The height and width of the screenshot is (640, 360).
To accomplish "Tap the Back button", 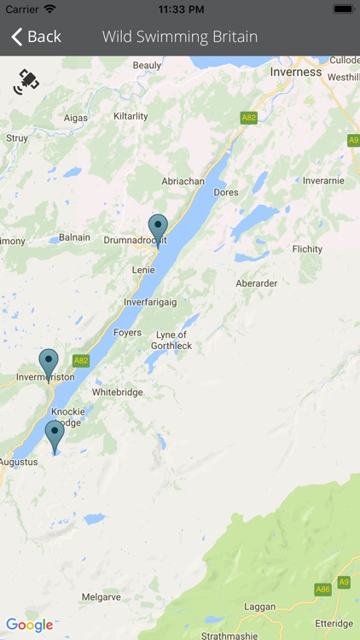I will click(36, 37).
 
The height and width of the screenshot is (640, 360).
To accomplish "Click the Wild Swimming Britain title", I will click(180, 37).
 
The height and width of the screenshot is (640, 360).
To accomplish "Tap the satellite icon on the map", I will click(26, 82).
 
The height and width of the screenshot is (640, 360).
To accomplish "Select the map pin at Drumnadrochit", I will click(158, 228).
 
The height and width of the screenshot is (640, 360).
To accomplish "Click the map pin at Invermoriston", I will click(49, 363).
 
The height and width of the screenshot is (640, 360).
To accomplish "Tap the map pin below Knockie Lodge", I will click(55, 434).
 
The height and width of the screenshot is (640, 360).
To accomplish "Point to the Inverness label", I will click(296, 72).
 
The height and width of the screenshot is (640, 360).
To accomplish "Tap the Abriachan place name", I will click(183, 181).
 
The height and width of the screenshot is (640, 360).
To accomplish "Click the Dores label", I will click(226, 193).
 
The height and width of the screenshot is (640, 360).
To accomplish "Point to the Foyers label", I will click(127, 333).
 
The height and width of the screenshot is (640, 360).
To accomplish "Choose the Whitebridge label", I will click(118, 393).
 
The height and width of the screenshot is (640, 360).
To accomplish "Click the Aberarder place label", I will click(257, 283).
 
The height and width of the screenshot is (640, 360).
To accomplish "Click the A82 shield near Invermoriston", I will click(81, 360).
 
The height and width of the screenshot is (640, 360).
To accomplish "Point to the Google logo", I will click(29, 625).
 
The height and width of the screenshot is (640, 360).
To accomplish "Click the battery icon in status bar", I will click(344, 9).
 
